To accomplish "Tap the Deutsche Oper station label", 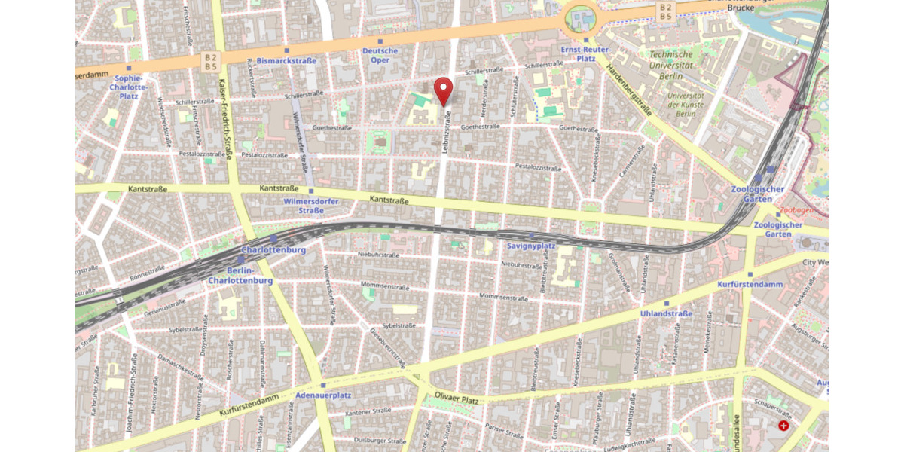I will [380, 56].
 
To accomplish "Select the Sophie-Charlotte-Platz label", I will [128, 87].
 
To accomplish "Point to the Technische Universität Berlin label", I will [670, 65].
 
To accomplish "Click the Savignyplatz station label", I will [531, 246].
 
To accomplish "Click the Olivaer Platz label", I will [458, 395].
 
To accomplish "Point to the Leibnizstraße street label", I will [447, 133].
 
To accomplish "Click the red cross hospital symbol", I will [784, 426].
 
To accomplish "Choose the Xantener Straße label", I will [368, 411].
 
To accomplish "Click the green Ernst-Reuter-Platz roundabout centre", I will [580, 17].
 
